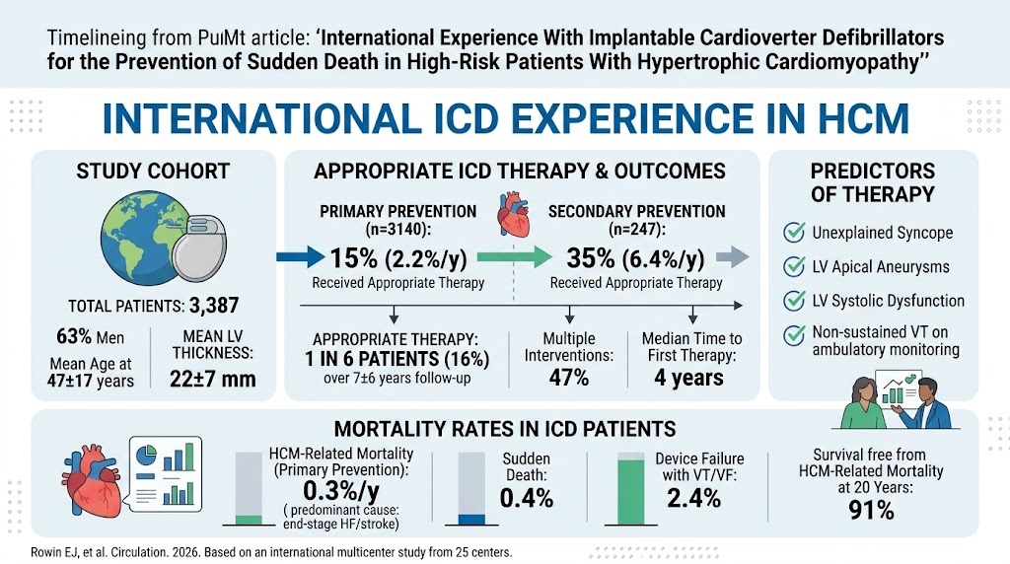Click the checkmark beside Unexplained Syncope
[794, 232]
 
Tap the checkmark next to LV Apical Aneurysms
[794, 266]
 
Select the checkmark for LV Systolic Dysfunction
[794, 300]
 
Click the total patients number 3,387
[214, 306]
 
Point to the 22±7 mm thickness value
[213, 380]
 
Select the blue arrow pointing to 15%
[301, 257]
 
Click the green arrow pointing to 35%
[514, 257]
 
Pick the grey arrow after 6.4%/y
[733, 257]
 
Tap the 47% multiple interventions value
[569, 378]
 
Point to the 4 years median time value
[688, 378]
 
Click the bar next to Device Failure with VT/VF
[630, 488]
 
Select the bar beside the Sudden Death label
[471, 488]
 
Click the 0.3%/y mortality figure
[340, 491]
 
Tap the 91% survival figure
[871, 511]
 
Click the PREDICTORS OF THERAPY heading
[872, 182]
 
